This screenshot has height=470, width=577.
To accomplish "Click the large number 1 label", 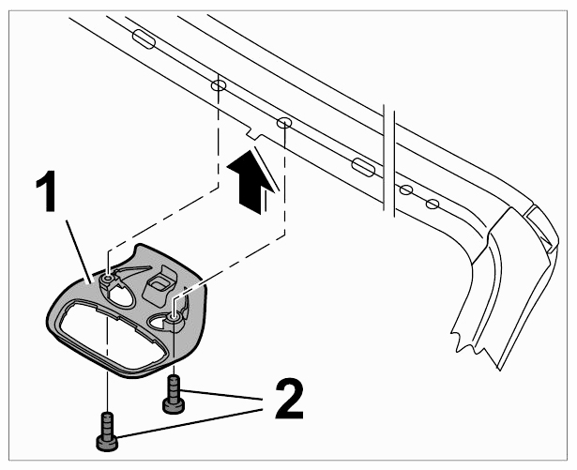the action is tap(47, 190).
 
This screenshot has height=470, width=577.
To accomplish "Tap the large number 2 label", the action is tap(289, 399).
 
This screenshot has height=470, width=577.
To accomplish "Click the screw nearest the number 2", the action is tap(174, 394).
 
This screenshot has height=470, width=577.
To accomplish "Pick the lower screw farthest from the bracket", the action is tap(107, 432).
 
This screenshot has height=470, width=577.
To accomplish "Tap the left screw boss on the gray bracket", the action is tap(107, 280).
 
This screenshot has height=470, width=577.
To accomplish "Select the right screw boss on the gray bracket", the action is tap(174, 317).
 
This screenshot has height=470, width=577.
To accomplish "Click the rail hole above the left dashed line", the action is tap(219, 85).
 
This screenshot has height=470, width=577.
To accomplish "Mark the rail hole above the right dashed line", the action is tap(283, 123).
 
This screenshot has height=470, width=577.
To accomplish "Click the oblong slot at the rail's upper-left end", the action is tap(144, 39).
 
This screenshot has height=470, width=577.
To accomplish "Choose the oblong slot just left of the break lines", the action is tap(363, 167).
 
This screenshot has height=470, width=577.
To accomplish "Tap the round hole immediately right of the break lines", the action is tap(405, 190).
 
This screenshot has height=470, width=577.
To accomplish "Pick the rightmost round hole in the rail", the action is tap(433, 204).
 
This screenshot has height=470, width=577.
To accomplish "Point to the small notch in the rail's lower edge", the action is tap(253, 133).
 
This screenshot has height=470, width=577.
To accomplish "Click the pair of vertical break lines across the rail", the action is tap(389, 161).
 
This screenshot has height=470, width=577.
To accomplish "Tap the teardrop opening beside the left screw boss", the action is tap(120, 297).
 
